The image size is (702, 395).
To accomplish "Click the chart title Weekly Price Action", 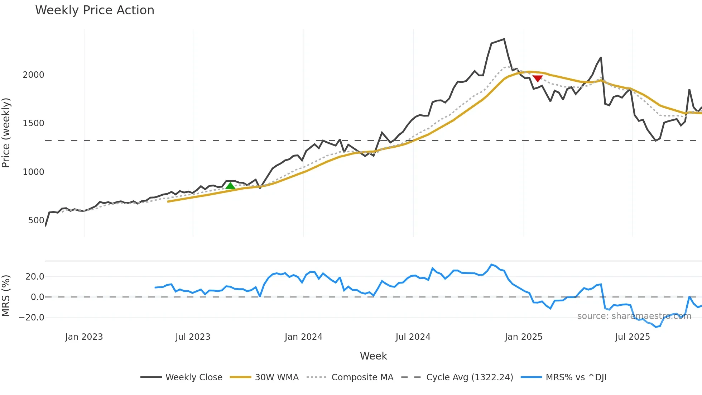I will pyautogui.click(x=95, y=10).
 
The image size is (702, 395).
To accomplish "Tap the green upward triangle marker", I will pyautogui.click(x=230, y=186).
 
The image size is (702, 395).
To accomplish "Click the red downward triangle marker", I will pyautogui.click(x=537, y=78).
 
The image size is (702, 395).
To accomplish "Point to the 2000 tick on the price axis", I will pyautogui.click(x=33, y=75).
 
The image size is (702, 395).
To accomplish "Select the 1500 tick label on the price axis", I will pyautogui.click(x=33, y=123).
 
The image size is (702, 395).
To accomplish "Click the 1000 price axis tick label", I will pyautogui.click(x=33, y=172).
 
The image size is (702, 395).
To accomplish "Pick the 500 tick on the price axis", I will pyautogui.click(x=36, y=220).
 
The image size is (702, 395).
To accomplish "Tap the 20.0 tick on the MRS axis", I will pyautogui.click(x=35, y=277).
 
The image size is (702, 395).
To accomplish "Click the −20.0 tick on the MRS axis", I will pyautogui.click(x=32, y=318).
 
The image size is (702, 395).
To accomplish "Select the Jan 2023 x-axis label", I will pyautogui.click(x=84, y=337).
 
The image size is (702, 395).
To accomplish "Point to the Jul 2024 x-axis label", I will pyautogui.click(x=413, y=337).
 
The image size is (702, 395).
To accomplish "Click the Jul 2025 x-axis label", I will pyautogui.click(x=632, y=337).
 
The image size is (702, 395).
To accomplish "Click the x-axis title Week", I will pyautogui.click(x=373, y=356).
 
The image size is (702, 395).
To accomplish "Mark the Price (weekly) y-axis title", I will pyautogui.click(x=6, y=133).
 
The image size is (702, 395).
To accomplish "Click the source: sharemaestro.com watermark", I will pyautogui.click(x=634, y=316).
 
